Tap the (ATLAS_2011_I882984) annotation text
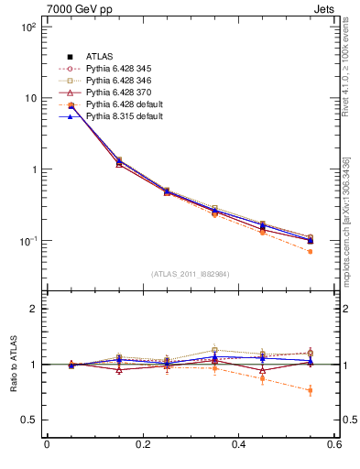[x=191, y=274]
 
